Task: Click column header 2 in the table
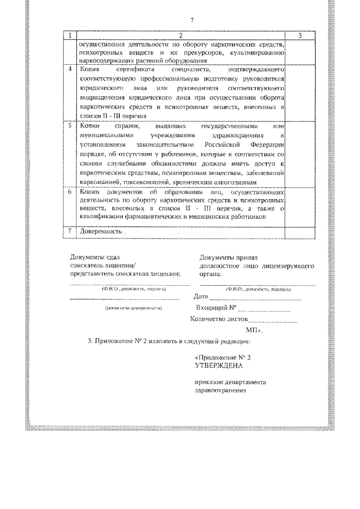[x=179, y=35]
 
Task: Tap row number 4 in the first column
[x=69, y=69]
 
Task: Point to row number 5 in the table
[x=69, y=127]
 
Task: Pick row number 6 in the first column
[x=69, y=192]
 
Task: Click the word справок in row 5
[x=128, y=127]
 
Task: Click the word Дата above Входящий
[x=200, y=296]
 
